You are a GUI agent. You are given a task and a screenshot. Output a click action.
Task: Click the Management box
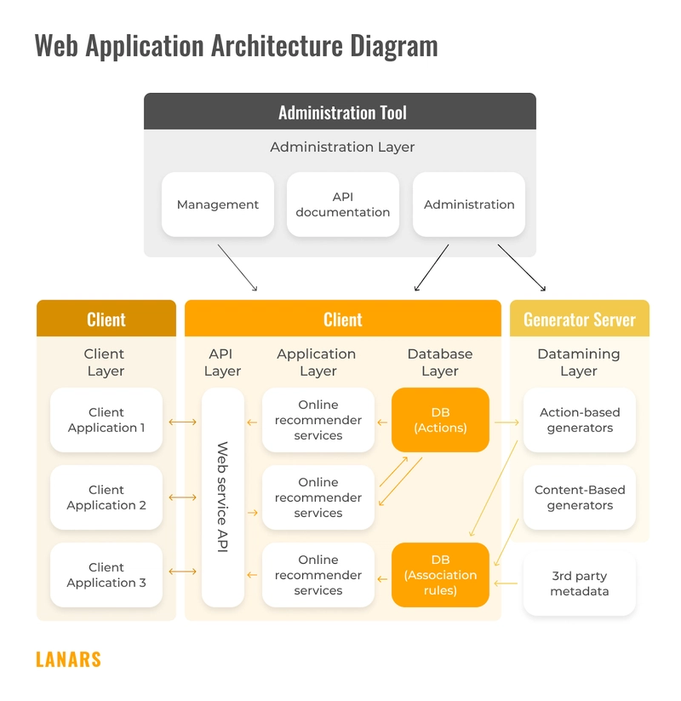[218, 204]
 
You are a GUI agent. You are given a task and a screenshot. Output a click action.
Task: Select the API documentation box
[342, 204]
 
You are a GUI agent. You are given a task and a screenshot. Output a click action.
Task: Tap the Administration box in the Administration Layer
[469, 204]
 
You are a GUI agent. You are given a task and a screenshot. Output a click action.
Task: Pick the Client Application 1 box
[106, 420]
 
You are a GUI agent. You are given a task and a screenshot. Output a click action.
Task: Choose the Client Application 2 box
[106, 497]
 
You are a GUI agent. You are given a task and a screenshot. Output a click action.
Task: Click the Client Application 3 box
[106, 575]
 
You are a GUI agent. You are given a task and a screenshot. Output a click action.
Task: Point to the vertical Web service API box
[223, 497]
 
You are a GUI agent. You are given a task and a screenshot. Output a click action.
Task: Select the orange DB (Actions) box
[440, 420]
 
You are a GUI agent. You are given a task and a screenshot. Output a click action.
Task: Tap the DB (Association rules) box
[440, 575]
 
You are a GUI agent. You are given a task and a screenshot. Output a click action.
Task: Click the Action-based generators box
[580, 420]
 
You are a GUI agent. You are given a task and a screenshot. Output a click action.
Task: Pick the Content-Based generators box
[580, 497]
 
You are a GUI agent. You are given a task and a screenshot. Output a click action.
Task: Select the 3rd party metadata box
[580, 583]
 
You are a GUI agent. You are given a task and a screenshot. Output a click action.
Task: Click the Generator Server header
[580, 319]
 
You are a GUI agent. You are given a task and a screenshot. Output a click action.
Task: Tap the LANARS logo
[68, 659]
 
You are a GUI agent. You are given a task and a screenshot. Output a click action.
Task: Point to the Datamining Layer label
[579, 362]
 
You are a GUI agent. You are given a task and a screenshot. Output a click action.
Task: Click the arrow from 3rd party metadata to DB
[506, 583]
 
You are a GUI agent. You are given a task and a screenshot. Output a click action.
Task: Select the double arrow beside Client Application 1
[182, 421]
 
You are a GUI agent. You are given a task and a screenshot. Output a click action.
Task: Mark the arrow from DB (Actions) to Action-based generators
[506, 421]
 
